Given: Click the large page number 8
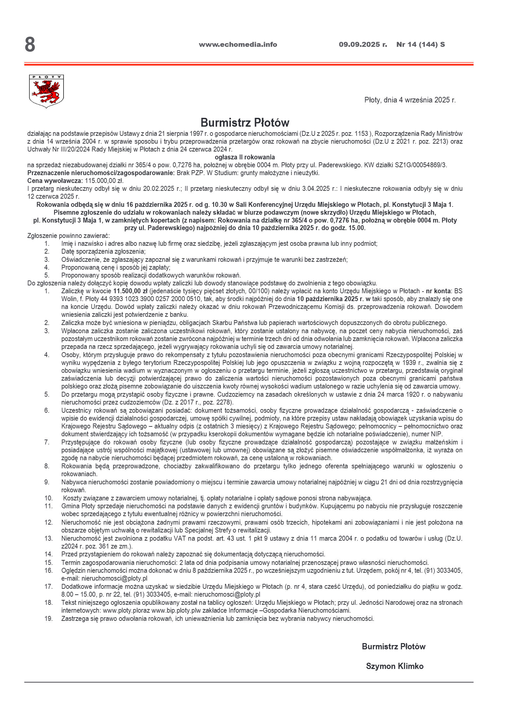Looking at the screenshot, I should pos(30,45).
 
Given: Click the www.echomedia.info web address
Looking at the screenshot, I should pos(238,45).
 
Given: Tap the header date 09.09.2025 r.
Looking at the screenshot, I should pos(363,45).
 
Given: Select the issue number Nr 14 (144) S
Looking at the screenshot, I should pos(420,45).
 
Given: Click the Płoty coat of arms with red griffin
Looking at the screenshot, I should pos(46,91).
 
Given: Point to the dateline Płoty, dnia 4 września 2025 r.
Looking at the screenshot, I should pos(410,100).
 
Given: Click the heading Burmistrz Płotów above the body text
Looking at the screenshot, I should pos(245,123).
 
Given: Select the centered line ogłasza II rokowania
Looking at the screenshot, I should pos(245,157).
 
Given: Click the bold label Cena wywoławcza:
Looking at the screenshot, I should pos(55,181).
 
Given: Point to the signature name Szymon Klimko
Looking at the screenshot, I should pos(394,666).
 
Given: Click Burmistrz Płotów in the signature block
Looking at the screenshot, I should pos(393,646).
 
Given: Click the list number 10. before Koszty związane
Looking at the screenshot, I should pos(48,498).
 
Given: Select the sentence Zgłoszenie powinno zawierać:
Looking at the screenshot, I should pos(69,236).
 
